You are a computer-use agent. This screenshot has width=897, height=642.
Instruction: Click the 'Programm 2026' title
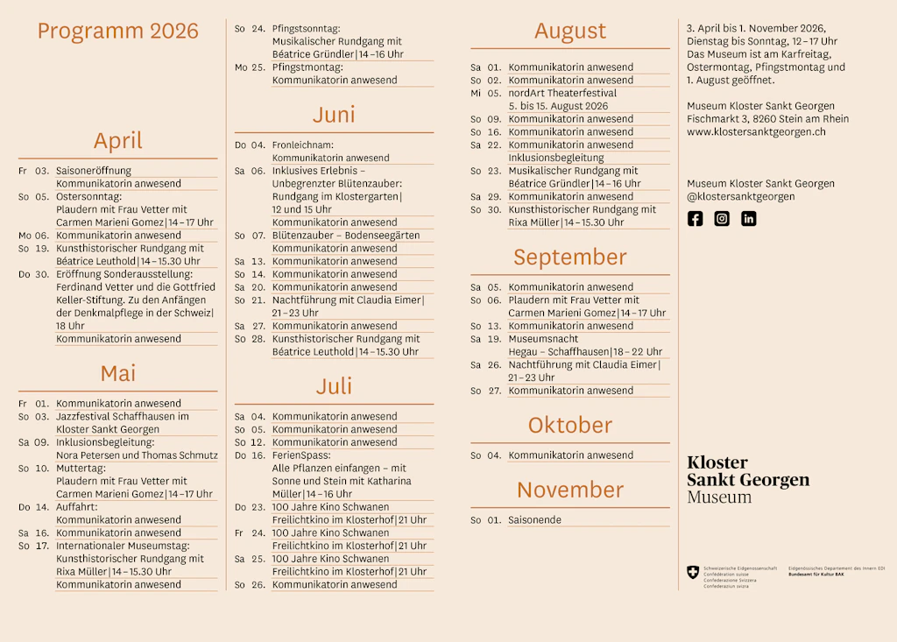(x=117, y=32)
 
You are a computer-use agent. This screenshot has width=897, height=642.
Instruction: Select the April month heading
(x=117, y=141)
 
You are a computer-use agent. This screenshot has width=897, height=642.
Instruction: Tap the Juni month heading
(x=334, y=115)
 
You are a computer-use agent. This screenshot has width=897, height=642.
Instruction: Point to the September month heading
(x=569, y=258)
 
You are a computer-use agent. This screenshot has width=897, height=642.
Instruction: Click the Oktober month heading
(x=569, y=426)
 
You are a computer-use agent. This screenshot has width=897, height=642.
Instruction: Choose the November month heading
(x=569, y=490)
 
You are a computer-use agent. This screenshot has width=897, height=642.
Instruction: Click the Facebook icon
(x=695, y=219)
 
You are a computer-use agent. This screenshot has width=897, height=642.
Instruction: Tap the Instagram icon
(x=722, y=219)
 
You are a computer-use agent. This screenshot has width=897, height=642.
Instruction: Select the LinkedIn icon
(x=749, y=219)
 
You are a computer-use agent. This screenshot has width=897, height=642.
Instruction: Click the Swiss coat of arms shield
(x=693, y=572)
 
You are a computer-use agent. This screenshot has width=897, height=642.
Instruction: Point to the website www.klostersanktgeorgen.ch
(x=756, y=132)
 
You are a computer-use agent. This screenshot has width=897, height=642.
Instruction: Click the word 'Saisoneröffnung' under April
(x=94, y=171)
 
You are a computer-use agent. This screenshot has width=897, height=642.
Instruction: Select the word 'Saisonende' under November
(x=534, y=520)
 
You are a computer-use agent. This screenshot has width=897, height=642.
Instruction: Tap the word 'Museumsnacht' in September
(x=543, y=339)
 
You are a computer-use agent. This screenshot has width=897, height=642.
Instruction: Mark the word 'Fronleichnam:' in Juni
(x=303, y=145)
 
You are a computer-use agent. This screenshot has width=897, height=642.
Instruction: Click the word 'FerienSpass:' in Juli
(x=301, y=455)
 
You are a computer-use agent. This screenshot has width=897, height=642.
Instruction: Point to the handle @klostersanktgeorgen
(x=741, y=197)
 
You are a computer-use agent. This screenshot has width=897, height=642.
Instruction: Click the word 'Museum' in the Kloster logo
(x=719, y=497)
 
